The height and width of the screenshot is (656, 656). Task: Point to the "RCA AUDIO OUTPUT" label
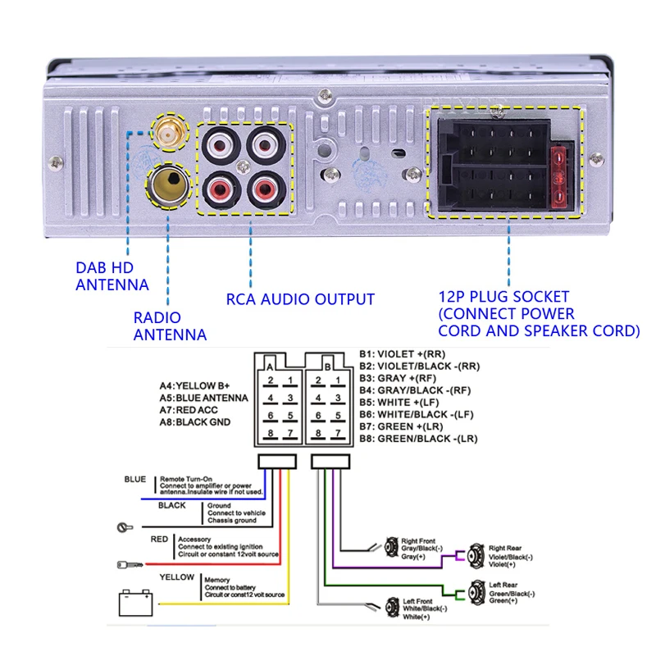300,299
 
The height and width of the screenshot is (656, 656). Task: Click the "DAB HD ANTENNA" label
112,276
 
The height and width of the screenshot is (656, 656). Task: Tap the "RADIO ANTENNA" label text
170,326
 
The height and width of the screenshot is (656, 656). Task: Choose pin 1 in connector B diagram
337,380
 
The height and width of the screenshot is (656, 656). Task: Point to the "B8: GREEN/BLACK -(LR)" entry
418,439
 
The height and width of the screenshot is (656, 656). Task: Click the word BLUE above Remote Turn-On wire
135,480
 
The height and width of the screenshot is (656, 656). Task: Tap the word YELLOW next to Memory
177,577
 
